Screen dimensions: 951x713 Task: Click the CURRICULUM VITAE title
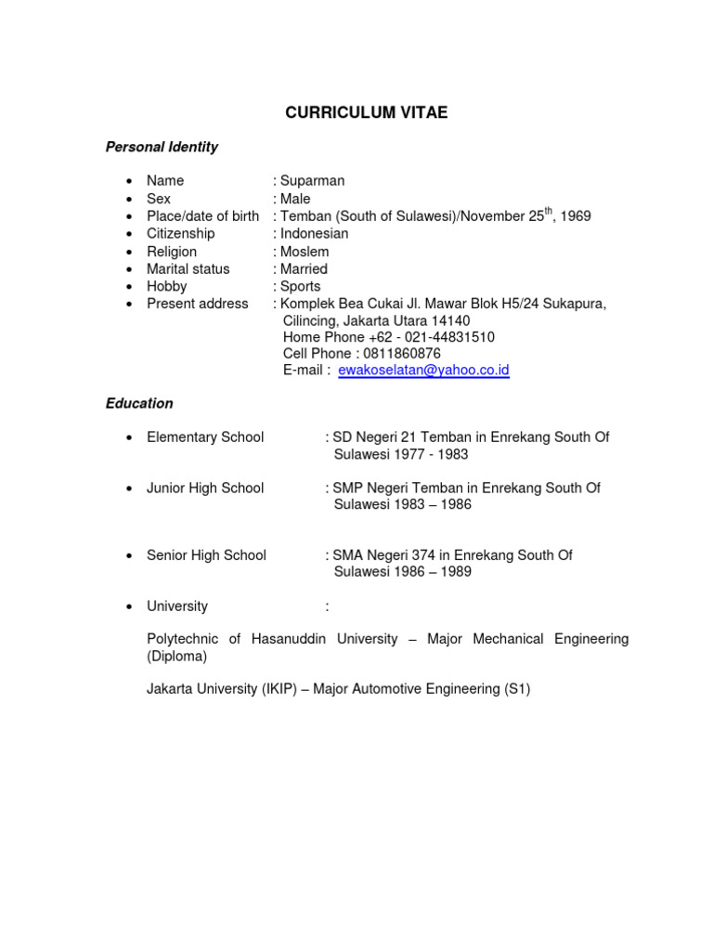[x=366, y=112]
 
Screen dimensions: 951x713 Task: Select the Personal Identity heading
[x=162, y=147]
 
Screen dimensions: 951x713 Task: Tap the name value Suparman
[x=313, y=180]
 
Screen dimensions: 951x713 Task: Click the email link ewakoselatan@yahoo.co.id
[x=423, y=370]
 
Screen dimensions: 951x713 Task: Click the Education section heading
[x=139, y=403]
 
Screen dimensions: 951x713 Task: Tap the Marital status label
[x=188, y=268]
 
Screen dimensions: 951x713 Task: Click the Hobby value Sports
[x=301, y=286]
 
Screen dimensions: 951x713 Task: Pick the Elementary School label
[x=205, y=436]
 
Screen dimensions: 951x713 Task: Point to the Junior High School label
[x=205, y=488]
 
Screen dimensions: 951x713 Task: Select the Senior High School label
[x=206, y=555]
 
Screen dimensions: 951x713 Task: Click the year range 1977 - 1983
[x=432, y=454]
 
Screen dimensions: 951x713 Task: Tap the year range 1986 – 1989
[x=433, y=572]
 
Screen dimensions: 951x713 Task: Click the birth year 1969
[x=574, y=216]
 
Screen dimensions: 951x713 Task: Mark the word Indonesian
[x=315, y=233]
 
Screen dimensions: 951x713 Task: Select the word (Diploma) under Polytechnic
[x=177, y=656]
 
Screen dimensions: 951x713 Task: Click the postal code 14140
[x=451, y=320]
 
